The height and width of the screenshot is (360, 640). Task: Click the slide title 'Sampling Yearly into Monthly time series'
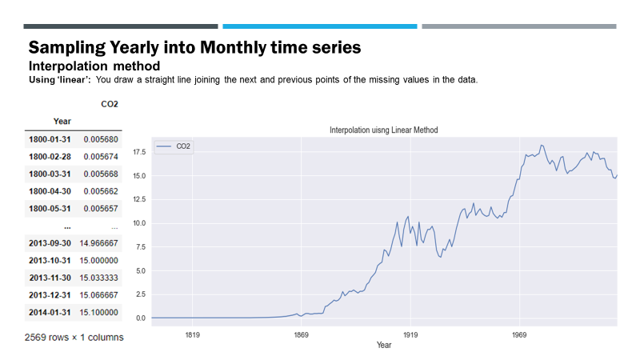point(194,47)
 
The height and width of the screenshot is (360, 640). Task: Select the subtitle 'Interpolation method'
point(94,65)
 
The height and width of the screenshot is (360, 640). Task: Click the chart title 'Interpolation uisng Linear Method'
point(383,130)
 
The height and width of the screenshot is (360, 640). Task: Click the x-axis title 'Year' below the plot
point(384,345)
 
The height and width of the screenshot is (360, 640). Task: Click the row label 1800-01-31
point(50,139)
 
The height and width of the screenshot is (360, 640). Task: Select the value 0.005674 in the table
point(101,156)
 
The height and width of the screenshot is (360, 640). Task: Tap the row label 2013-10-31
point(50,260)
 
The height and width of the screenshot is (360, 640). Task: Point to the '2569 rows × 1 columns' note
point(74,337)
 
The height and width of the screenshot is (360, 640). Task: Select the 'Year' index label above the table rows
point(62,121)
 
